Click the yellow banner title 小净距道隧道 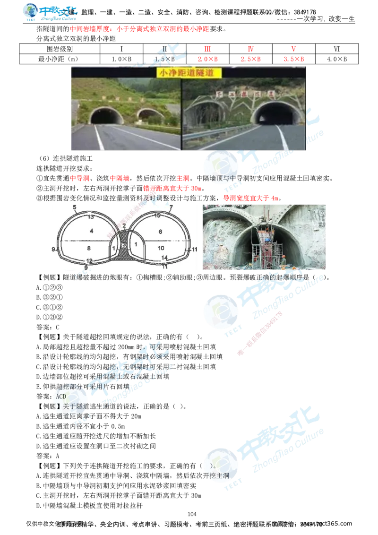pyautogui.click(x=184, y=73)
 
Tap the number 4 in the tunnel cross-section pyautogui.click(x=92, y=231)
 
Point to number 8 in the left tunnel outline pyautogui.click(x=88, y=248)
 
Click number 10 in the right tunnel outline pyautogui.click(x=161, y=248)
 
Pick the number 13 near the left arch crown pyautogui.click(x=91, y=216)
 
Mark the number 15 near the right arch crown pyautogui.click(x=158, y=216)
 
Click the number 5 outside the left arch pyautogui.click(x=75, y=207)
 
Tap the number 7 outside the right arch pyautogui.click(x=171, y=207)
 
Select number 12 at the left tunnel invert pyautogui.click(x=89, y=260)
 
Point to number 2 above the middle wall pyautogui.click(x=124, y=226)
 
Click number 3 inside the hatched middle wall pyautogui.click(x=124, y=245)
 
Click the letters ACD pyautogui.click(x=61, y=396)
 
